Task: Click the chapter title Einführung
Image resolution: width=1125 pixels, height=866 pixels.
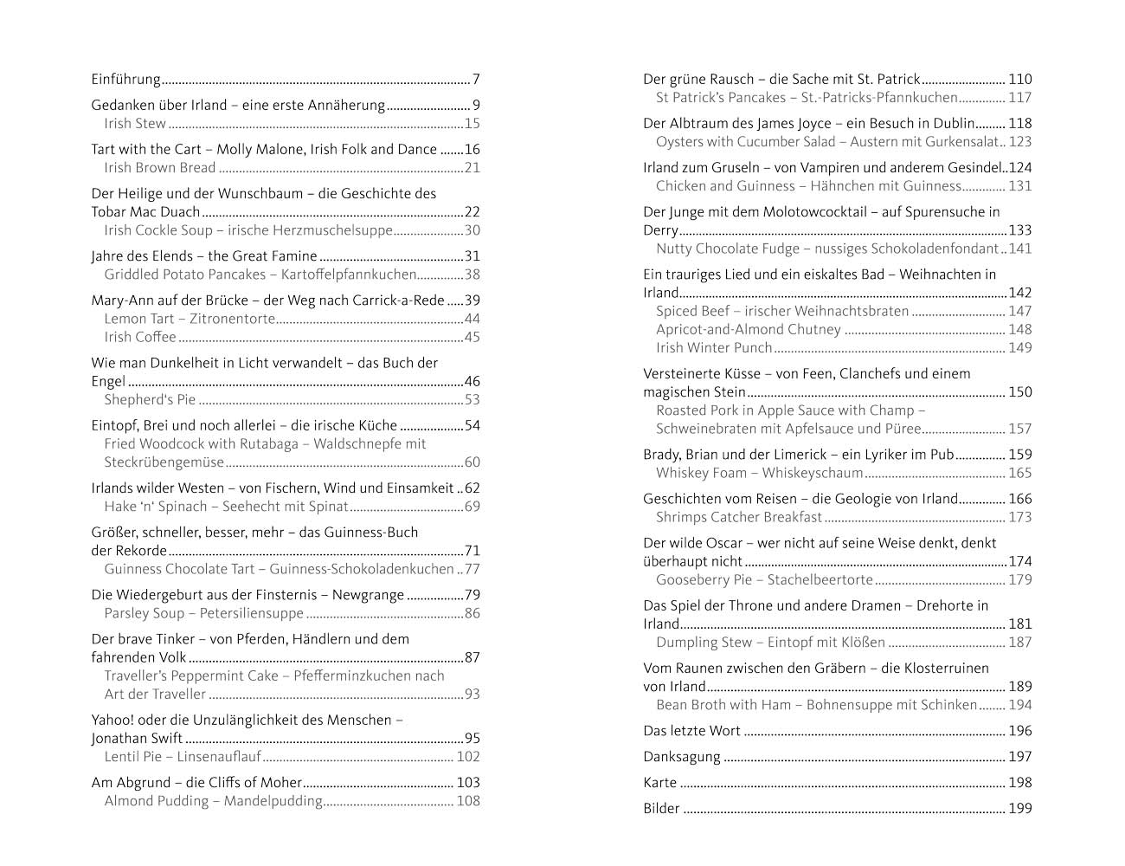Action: tap(126, 80)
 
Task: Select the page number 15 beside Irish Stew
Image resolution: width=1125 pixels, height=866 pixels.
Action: tap(472, 124)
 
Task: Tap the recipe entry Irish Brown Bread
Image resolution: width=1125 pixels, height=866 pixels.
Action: tap(160, 168)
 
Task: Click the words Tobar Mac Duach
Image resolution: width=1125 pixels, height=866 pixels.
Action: tap(146, 212)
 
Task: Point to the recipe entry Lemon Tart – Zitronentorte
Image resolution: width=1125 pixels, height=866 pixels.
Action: tap(190, 319)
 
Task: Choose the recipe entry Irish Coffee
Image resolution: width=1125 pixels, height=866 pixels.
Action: tap(140, 337)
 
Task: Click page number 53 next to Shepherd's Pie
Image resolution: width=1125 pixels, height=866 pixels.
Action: tap(472, 400)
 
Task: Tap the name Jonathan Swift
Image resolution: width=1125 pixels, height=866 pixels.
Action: tap(137, 739)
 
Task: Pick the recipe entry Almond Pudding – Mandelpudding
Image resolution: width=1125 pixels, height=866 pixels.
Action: tap(214, 801)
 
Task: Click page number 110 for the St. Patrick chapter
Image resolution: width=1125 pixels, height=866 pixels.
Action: tap(1020, 80)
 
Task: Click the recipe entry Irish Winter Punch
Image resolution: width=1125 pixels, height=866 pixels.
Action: tap(714, 348)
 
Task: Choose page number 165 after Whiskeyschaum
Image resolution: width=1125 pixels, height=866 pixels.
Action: tap(1020, 473)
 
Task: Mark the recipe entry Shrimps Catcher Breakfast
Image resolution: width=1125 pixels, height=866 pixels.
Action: tap(739, 517)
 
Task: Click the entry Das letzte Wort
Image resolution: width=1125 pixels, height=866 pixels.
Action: tap(692, 731)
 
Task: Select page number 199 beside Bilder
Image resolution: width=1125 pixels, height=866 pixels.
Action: tap(1020, 809)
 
